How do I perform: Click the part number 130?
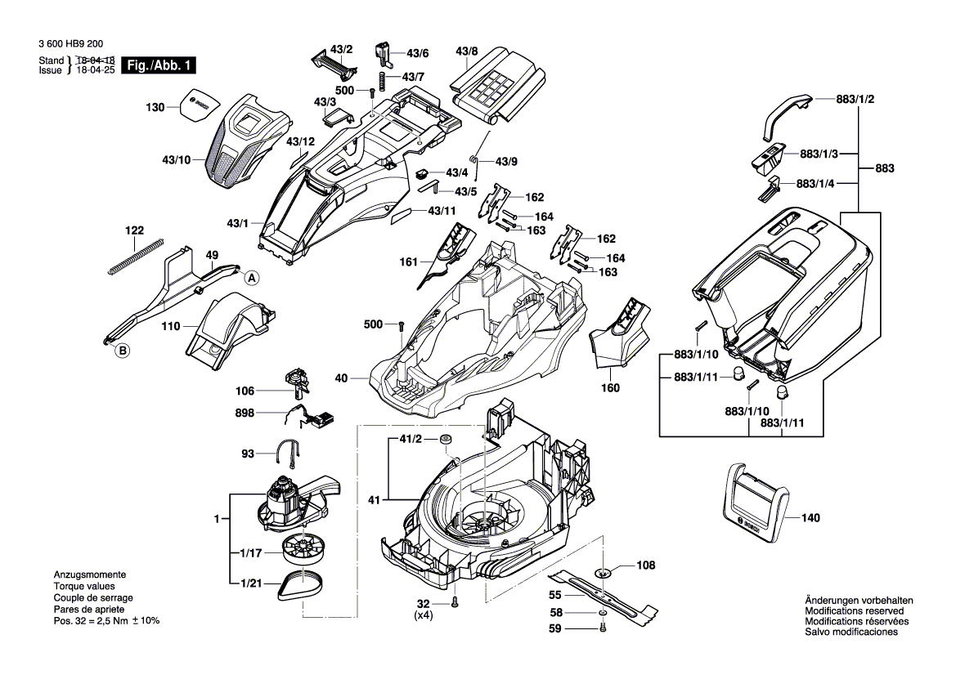coord(155,107)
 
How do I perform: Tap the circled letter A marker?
coord(252,278)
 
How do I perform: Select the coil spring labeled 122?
coord(136,255)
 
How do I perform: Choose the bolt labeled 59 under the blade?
coord(602,628)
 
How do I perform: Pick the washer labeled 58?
coord(602,612)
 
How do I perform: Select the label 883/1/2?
coord(855,100)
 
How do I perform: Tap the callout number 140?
coord(810,518)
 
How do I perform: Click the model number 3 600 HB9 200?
coord(70,45)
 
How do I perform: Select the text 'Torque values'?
coord(84,587)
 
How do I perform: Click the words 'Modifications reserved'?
coord(855,611)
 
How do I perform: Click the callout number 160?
coord(610,387)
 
